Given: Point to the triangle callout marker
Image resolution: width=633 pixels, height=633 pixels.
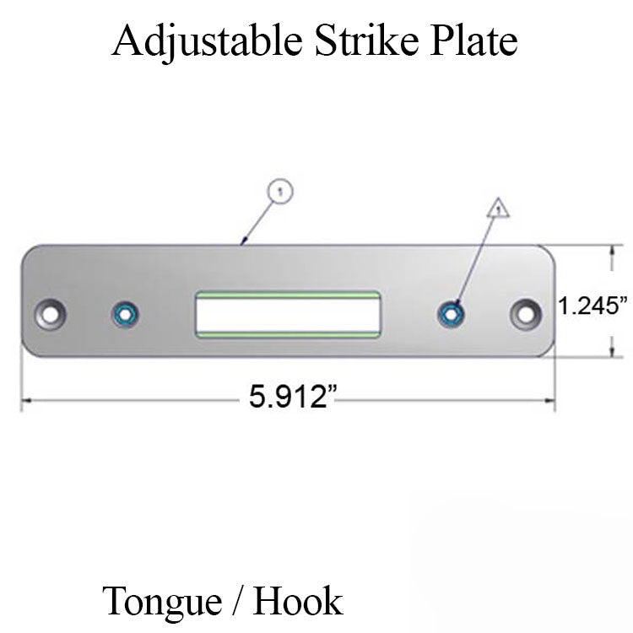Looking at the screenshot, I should point(498,207).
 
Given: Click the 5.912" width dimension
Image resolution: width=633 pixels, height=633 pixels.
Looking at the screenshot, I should point(288,397).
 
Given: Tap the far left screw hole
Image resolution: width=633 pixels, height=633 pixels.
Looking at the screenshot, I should point(51,314).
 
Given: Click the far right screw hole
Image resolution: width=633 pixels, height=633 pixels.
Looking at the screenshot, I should point(525,314).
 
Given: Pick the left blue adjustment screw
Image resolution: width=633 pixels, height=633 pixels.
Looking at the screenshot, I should point(126,315).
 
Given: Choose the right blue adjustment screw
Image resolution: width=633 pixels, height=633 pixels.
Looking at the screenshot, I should point(451,315).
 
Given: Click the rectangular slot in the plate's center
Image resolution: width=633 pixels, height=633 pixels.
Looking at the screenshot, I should point(287,314).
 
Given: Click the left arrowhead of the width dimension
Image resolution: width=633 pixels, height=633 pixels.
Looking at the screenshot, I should point(25,398).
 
